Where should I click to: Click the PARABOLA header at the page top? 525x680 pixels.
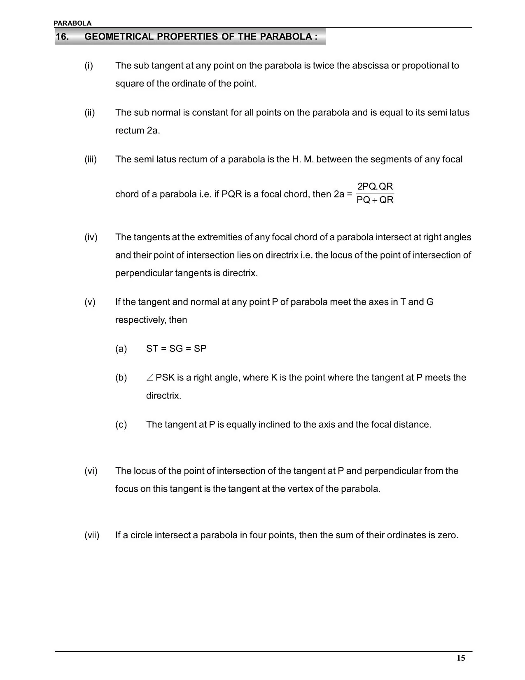click(72, 23)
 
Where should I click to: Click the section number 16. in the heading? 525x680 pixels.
click(62, 37)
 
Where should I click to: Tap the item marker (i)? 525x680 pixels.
click(89, 66)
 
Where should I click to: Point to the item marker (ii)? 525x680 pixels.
click(90, 113)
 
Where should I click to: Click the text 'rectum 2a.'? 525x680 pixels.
click(138, 131)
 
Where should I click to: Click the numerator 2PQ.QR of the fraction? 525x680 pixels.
click(375, 187)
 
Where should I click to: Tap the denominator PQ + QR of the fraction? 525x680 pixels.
click(375, 200)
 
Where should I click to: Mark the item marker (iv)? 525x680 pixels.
click(91, 237)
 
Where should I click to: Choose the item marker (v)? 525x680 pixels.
click(90, 302)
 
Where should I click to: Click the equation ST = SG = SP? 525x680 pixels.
click(176, 349)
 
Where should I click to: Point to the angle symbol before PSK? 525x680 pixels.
click(150, 378)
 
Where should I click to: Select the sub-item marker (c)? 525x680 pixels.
click(121, 424)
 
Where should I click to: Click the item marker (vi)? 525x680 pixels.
click(91, 471)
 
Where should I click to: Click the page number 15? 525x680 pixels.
click(461, 658)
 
